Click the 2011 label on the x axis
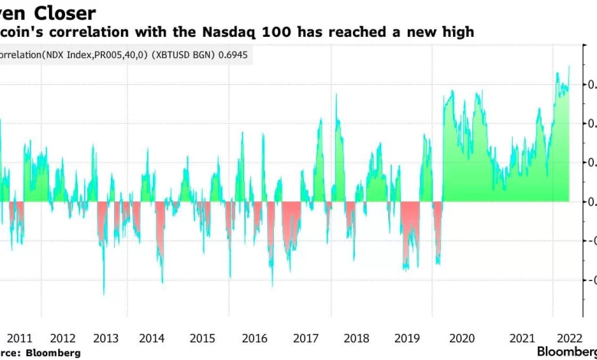pos(19,338)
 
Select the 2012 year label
pos(62,338)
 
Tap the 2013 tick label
pos(106,338)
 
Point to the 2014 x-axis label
pos(152,338)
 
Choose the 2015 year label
pos(202,338)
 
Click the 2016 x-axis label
pos(254,338)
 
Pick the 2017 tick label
pos(306,338)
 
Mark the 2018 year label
pos(357,338)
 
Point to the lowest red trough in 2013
pos(104,294)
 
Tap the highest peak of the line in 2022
pos(569,67)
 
